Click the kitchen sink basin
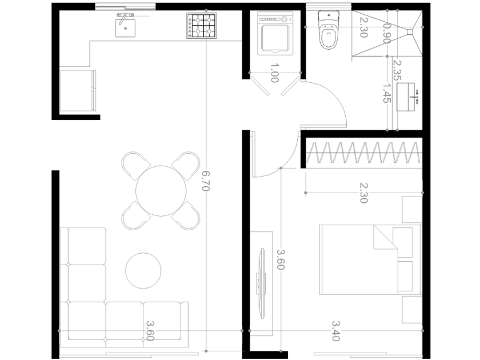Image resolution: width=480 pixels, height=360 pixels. [125, 28]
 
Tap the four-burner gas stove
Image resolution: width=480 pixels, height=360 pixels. [201, 26]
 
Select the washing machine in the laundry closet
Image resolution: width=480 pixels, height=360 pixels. [275, 33]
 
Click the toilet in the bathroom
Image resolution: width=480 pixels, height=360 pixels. [329, 30]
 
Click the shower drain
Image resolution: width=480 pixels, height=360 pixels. [410, 31]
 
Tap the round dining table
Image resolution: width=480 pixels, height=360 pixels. [161, 191]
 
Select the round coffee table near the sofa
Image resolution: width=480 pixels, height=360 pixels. [143, 271]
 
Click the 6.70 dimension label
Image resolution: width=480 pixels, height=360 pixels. [206, 181]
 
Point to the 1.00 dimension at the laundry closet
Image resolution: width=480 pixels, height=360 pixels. [275, 73]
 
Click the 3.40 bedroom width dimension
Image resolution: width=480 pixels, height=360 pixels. [336, 331]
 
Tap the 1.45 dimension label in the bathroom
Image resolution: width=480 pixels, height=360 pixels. [387, 93]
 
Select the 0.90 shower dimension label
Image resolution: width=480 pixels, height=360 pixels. [387, 33]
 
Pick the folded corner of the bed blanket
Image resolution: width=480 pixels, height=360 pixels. [385, 237]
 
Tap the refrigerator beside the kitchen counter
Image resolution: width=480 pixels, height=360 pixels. [78, 91]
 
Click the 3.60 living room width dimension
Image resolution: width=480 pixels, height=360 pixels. [150, 331]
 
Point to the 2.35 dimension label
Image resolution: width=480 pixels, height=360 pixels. [397, 70]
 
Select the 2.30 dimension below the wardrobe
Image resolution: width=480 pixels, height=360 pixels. [363, 193]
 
